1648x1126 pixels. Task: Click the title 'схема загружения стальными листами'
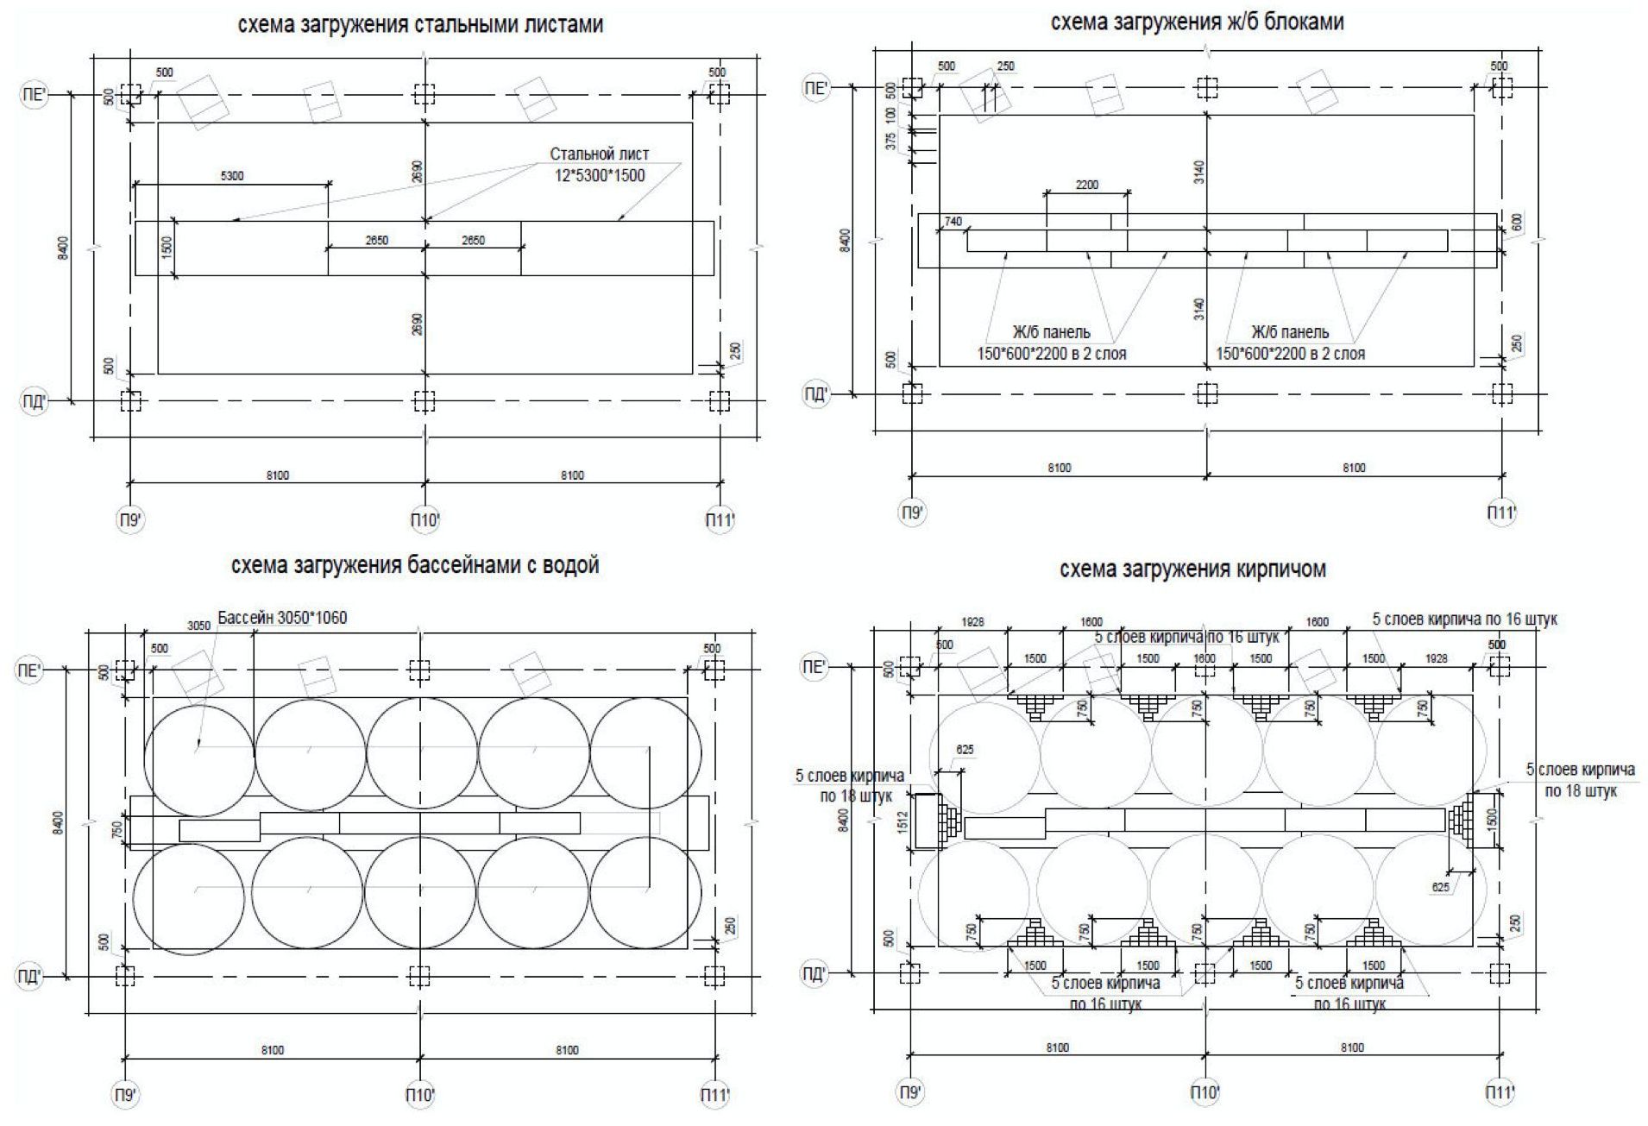420,25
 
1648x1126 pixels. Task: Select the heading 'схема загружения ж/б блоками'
1197,22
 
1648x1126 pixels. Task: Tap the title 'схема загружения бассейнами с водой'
415,566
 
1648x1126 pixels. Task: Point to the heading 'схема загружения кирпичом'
1192,569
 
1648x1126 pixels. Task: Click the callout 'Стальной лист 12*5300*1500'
600,165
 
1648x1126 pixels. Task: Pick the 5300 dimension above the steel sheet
232,176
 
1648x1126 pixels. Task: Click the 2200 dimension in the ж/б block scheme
1086,185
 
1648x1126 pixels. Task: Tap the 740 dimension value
953,222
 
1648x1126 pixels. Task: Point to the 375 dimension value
891,140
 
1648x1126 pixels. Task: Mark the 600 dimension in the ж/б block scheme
1517,223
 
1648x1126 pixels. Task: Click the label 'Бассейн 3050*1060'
282,618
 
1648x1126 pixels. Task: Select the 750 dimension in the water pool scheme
118,829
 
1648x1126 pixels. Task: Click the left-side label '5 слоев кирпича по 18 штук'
849,785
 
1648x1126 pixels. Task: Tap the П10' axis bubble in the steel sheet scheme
424,519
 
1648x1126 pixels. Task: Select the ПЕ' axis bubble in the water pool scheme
28,670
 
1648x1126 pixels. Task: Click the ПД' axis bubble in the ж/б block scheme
815,394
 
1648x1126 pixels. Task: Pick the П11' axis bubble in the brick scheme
1500,1093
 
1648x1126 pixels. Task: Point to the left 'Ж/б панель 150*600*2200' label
1051,343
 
